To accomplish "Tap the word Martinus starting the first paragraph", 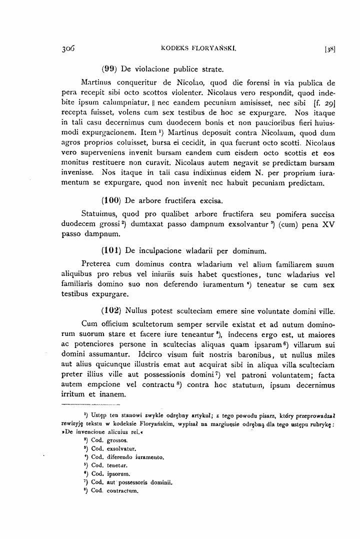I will pyautogui.click(x=97, y=83).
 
